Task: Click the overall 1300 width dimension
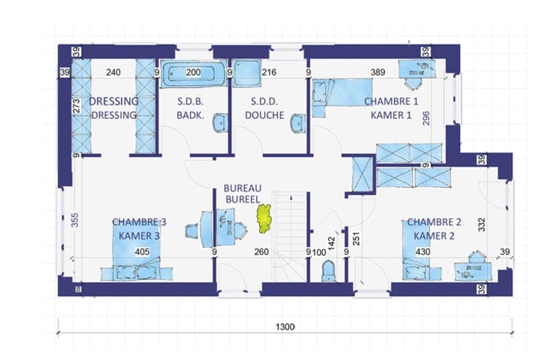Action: pos(285,326)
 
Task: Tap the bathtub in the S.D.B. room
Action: pos(193,73)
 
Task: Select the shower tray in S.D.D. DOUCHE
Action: pos(246,73)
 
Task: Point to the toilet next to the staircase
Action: pos(328,271)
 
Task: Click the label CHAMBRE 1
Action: pos(391,101)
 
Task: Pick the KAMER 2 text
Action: pos(434,236)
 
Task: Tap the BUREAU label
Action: pos(242,188)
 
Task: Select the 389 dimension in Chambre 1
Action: pos(377,73)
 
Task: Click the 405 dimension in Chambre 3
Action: pos(142,252)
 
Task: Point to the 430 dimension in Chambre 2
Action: pos(423,252)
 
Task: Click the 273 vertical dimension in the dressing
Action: pos(76,106)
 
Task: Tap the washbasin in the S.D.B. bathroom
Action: pos(219,122)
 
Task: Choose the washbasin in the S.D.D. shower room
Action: pos(298,123)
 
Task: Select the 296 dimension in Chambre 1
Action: pos(426,118)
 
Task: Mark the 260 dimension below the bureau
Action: pos(261,252)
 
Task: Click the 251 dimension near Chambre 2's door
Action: pos(357,239)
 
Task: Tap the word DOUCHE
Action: pos(264,115)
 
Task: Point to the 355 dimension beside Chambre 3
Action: pos(75,220)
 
